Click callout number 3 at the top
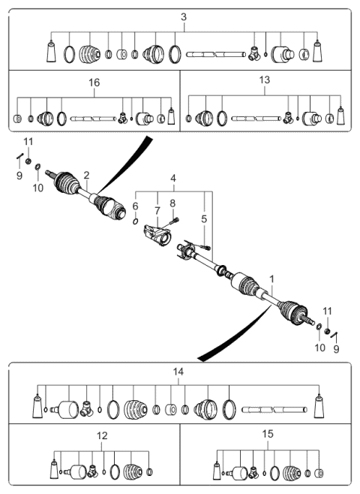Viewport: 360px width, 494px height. tap(184, 17)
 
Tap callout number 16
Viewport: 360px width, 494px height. tap(94, 83)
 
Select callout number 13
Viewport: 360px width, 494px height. tap(265, 80)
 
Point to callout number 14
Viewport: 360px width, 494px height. tap(178, 372)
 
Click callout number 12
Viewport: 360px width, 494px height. tap(102, 435)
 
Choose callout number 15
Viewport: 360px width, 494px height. tap(268, 434)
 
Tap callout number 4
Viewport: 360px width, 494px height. tap(173, 179)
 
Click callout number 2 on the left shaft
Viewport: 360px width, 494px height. tap(86, 175)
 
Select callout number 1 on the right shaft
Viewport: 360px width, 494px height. tap(272, 279)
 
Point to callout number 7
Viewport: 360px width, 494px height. tap(157, 211)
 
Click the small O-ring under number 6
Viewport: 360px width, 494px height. tap(135, 221)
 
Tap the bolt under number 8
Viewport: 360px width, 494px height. tap(174, 221)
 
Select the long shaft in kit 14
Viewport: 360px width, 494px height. tap(274, 410)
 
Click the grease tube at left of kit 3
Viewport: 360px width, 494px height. tap(51, 51)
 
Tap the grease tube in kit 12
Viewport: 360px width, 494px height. tap(54, 470)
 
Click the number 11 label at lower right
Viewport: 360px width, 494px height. tap(327, 311)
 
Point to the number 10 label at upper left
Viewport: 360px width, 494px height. tap(37, 188)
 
